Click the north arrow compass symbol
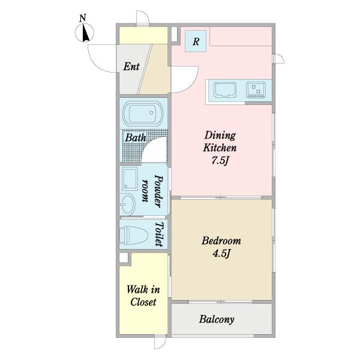tap(85, 33)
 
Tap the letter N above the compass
tap(83, 18)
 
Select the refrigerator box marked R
tap(196, 41)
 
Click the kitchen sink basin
tap(225, 90)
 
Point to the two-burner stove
tap(256, 90)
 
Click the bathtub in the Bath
tap(143, 113)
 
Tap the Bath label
tap(136, 138)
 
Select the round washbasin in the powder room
tap(127, 204)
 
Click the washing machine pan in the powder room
tap(130, 179)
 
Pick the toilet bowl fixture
tap(134, 235)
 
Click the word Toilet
tap(159, 234)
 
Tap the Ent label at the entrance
tap(131, 67)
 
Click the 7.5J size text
tap(220, 161)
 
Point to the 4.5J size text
tap(221, 254)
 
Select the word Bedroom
tap(221, 241)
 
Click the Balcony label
tap(217, 319)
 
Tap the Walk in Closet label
tap(143, 296)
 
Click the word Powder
tap(158, 191)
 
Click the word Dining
tap(220, 136)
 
